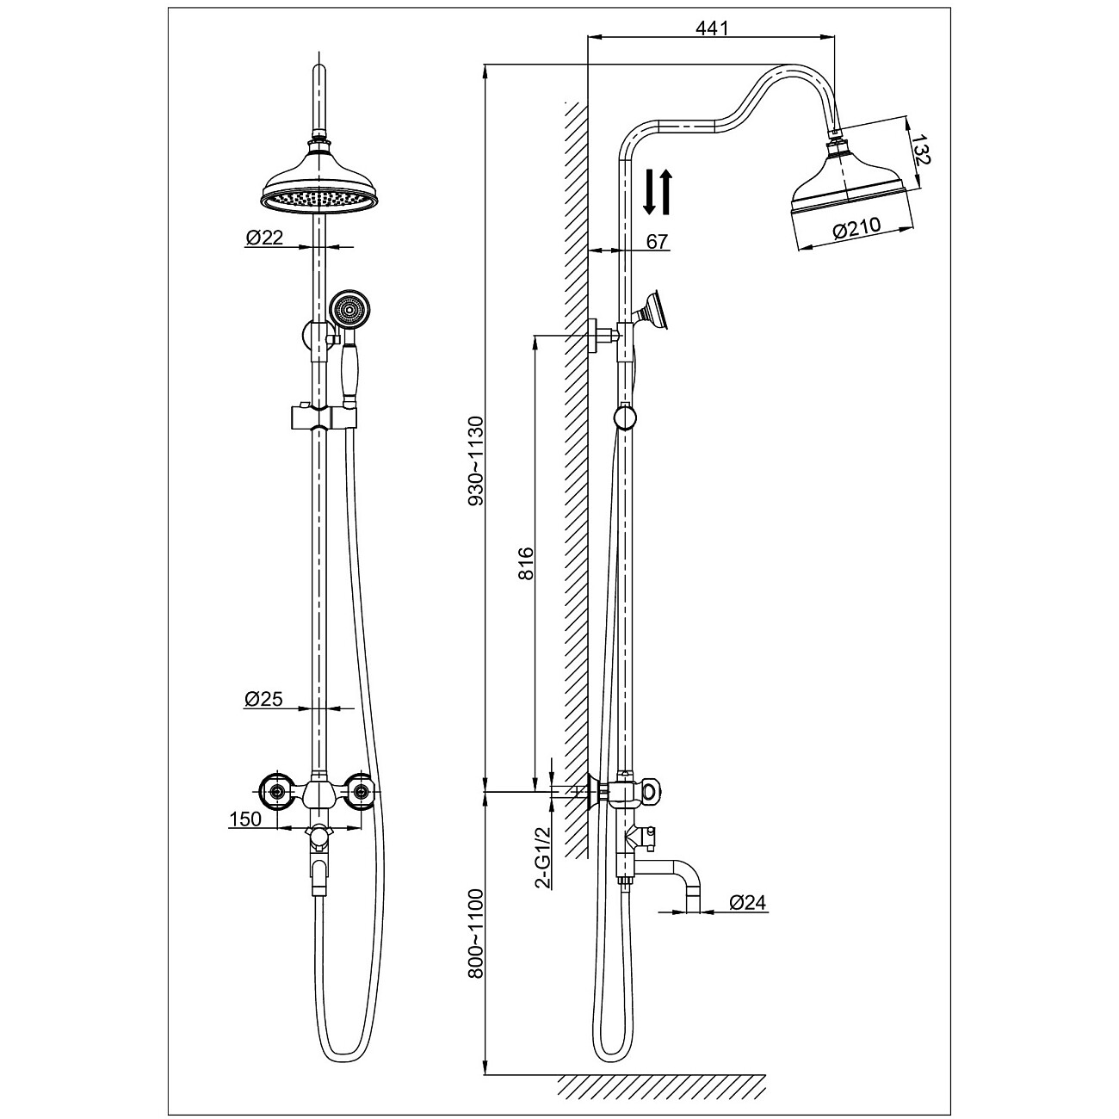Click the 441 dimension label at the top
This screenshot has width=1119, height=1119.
pos(711,28)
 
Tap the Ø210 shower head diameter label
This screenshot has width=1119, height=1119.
pos(856,227)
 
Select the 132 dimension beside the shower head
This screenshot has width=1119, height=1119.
pos(920,150)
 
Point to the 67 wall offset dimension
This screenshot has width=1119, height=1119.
pos(657,241)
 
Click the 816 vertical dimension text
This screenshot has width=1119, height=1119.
pos(525,563)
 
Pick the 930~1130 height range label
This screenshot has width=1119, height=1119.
pos(476,461)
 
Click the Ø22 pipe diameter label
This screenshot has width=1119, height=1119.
pos(264,237)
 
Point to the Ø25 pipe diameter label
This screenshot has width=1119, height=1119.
pos(263,699)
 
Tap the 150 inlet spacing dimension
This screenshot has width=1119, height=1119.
pos(245,819)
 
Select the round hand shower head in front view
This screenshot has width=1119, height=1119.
pos(349,311)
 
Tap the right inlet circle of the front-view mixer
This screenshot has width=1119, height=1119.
pos(362,790)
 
